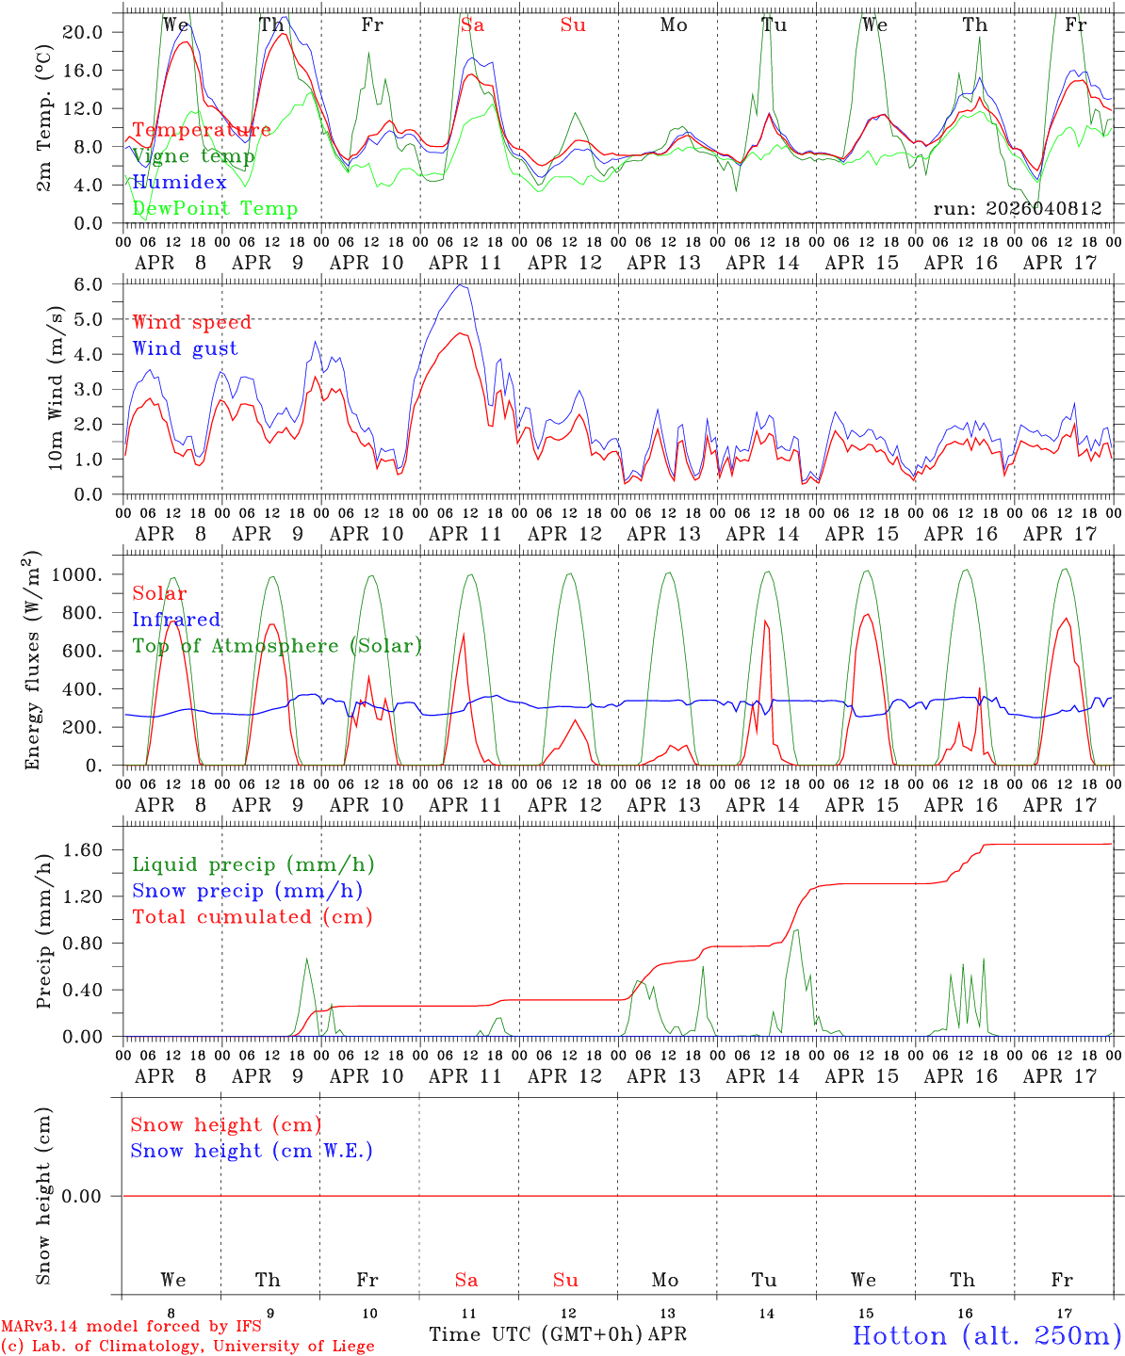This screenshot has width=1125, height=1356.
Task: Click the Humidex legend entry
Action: (179, 183)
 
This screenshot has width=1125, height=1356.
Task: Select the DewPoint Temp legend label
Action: (215, 209)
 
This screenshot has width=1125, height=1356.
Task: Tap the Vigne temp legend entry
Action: (193, 156)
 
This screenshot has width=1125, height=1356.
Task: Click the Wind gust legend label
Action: (185, 348)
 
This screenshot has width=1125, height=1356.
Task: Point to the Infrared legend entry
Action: (176, 620)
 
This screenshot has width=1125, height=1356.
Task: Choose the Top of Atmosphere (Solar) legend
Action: (276, 646)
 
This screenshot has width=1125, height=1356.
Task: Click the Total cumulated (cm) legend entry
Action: (252, 917)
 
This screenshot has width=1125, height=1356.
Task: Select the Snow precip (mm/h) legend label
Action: (247, 891)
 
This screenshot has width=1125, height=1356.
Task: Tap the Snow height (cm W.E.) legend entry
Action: (252, 1151)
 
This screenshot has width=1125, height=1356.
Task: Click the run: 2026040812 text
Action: (1017, 209)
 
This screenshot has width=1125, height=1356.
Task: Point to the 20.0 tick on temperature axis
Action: (84, 32)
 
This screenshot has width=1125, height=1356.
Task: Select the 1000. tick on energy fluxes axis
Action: (78, 574)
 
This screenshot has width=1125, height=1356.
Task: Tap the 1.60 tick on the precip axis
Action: (84, 849)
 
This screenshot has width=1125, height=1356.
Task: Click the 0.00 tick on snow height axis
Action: (84, 1196)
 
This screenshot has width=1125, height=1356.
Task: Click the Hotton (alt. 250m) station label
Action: (986, 1335)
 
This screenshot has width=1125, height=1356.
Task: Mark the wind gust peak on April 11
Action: (460, 285)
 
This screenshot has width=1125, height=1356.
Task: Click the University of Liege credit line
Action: (187, 1347)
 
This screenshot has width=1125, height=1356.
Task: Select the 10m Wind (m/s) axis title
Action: (57, 386)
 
